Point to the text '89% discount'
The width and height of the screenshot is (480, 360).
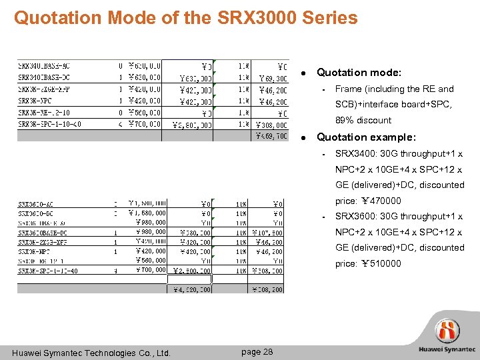point(363,120)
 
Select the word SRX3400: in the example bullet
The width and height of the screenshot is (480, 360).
point(355,153)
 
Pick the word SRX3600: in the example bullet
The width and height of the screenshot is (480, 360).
point(355,216)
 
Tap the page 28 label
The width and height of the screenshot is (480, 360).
point(257,352)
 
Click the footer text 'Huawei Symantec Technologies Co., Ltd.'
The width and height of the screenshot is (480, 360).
point(91,353)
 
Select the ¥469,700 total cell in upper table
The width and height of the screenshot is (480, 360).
point(270,136)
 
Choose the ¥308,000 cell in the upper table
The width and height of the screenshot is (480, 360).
point(269,124)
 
